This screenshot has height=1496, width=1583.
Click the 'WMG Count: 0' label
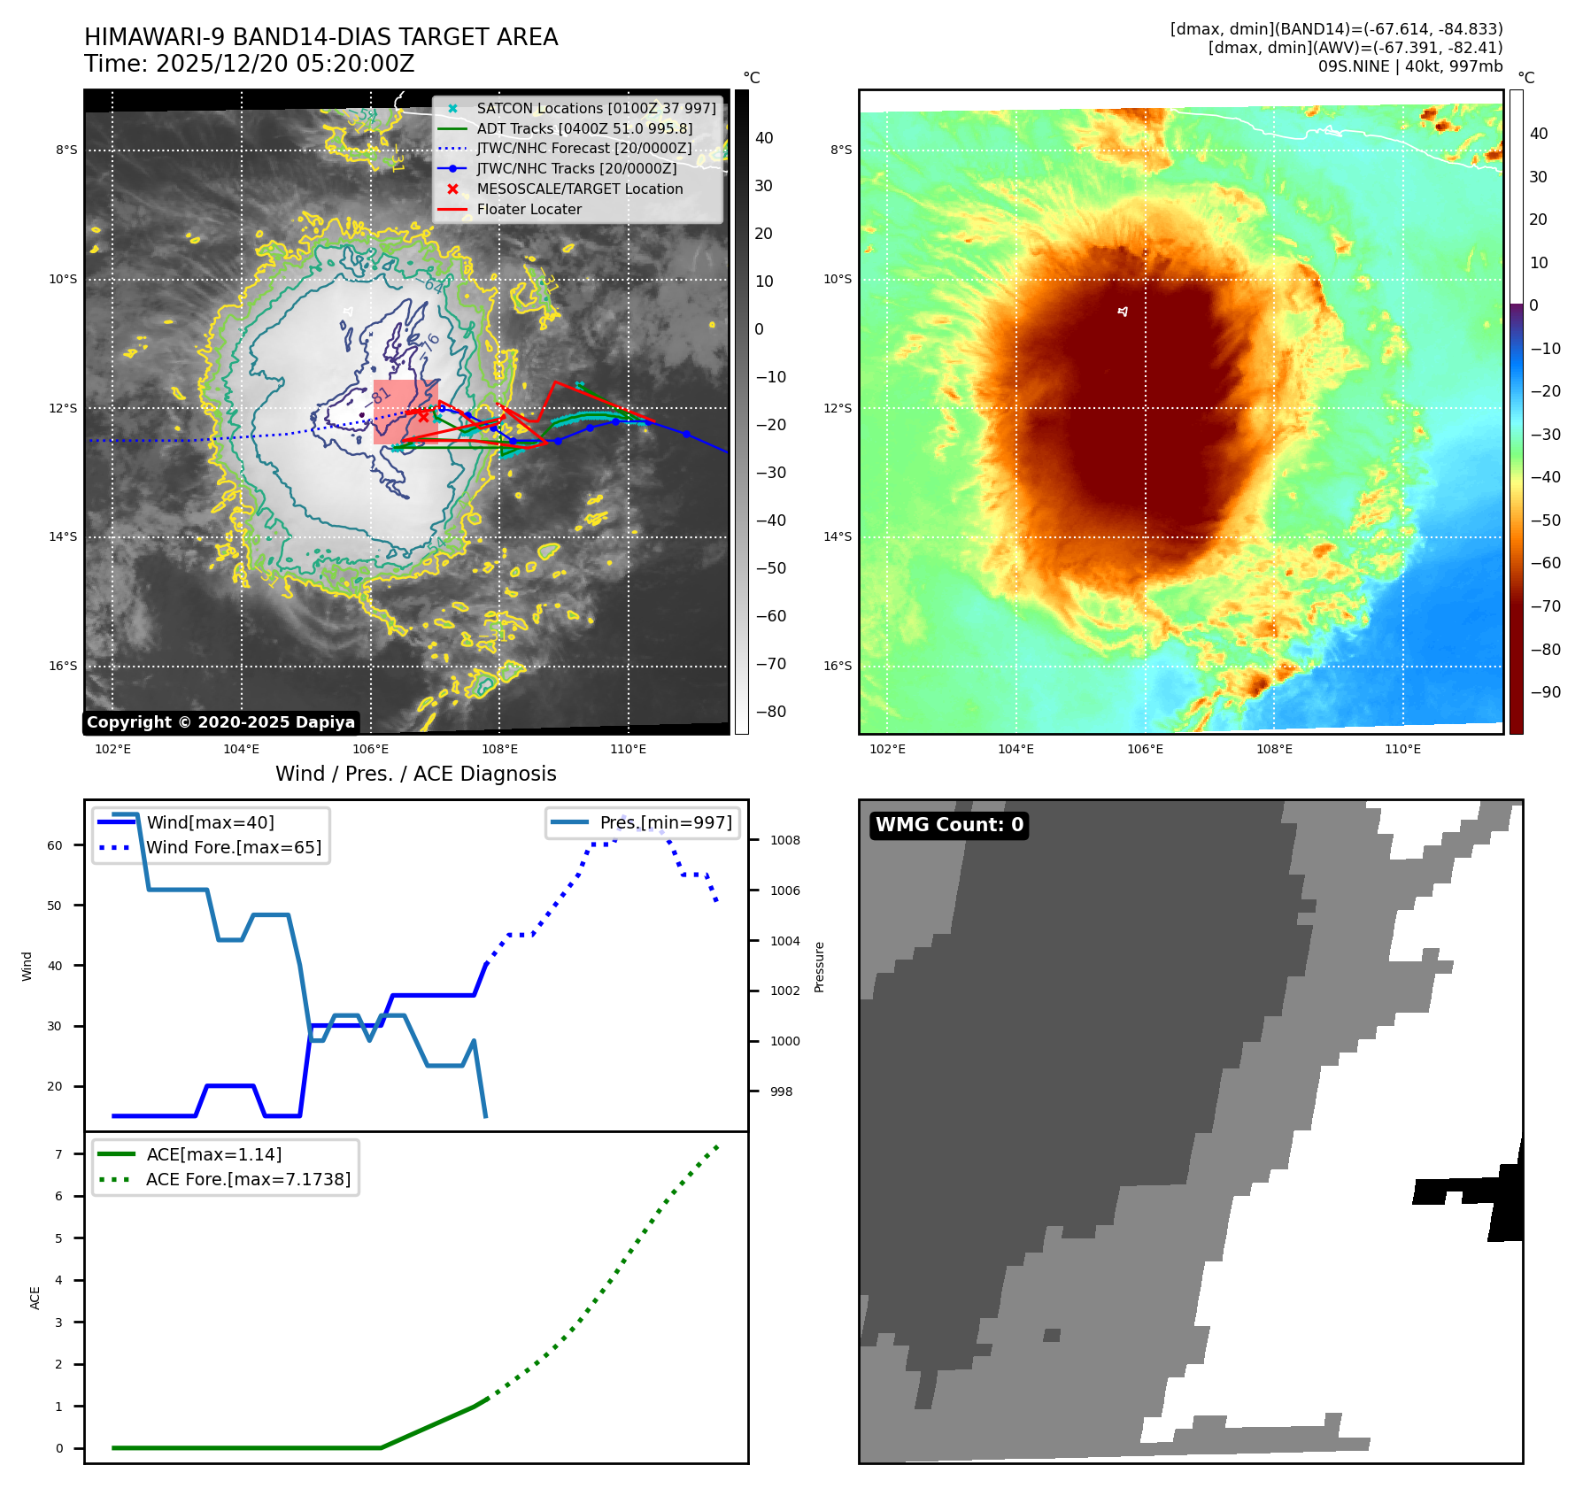pyautogui.click(x=949, y=825)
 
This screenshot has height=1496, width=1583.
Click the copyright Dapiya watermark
pyautogui.click(x=220, y=722)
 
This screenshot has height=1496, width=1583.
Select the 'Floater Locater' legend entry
pyautogui.click(x=529, y=210)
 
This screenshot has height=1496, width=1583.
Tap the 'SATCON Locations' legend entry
pyautogui.click(x=596, y=109)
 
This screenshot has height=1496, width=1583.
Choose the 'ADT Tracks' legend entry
pyautogui.click(x=584, y=129)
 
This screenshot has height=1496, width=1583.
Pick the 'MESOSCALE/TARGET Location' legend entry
pyautogui.click(x=579, y=189)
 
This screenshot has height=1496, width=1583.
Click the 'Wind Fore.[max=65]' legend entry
pyautogui.click(x=234, y=848)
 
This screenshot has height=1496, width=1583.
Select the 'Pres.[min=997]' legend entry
pyautogui.click(x=666, y=823)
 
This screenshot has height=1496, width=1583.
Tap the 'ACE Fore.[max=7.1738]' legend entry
pyautogui.click(x=248, y=1180)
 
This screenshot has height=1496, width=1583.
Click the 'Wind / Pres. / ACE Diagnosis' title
pyautogui.click(x=416, y=775)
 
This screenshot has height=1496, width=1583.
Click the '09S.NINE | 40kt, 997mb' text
pyautogui.click(x=1410, y=66)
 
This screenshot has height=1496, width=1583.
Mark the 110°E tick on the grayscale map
pyautogui.click(x=629, y=750)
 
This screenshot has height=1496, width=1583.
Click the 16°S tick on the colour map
pyautogui.click(x=838, y=667)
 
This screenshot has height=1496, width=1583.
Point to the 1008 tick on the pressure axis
pyautogui.click(x=785, y=841)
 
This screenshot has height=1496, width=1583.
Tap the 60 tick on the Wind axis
pyautogui.click(x=55, y=845)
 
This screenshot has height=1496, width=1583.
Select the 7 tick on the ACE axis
pyautogui.click(x=59, y=1154)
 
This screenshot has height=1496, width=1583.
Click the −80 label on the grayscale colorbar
pyautogui.click(x=770, y=712)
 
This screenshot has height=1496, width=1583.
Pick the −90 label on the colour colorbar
pyautogui.click(x=1546, y=692)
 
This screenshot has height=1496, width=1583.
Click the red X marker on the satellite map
pyautogui.click(x=423, y=416)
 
